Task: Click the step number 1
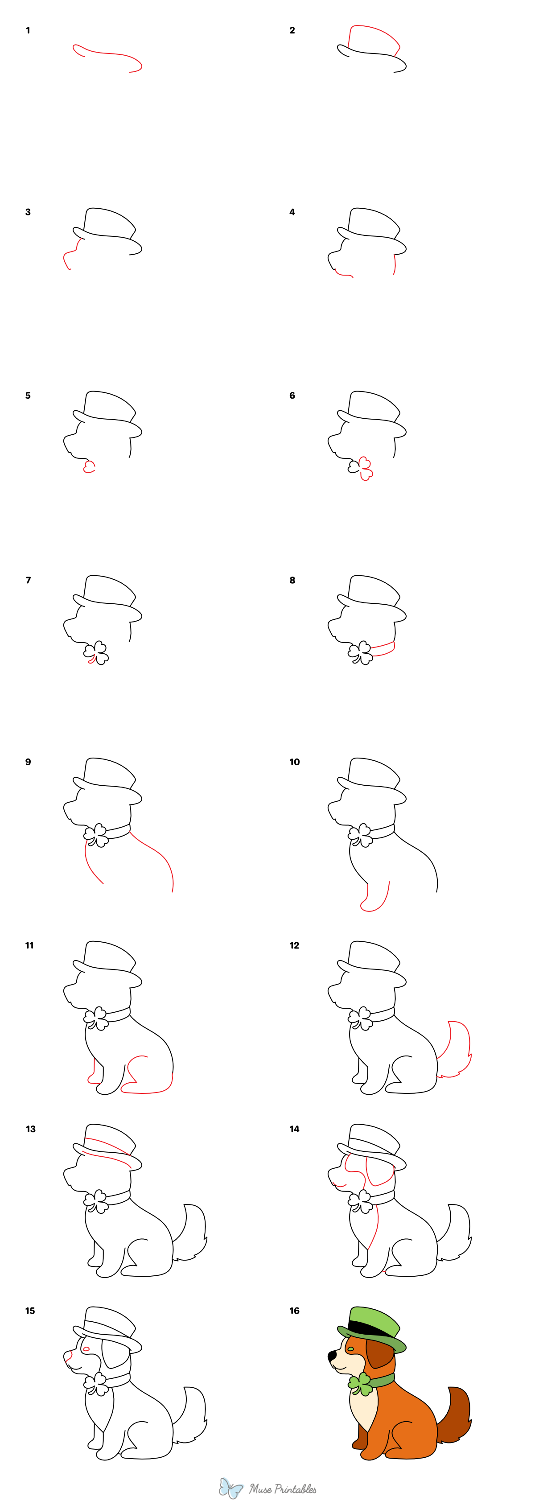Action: pyautogui.click(x=28, y=30)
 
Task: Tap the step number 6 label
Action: pyautogui.click(x=292, y=396)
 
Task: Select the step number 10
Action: pyautogui.click(x=294, y=762)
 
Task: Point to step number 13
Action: pyautogui.click(x=30, y=1129)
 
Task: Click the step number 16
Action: pyautogui.click(x=294, y=1311)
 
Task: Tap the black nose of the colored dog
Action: pyautogui.click(x=332, y=1354)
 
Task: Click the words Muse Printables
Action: pyautogui.click(x=283, y=1489)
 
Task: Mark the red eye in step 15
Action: pyautogui.click(x=86, y=1349)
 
